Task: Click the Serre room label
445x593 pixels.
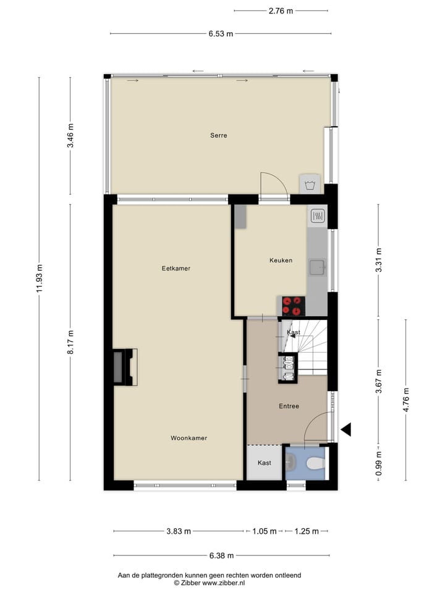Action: pos(218,135)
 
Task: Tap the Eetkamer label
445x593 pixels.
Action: pos(176,269)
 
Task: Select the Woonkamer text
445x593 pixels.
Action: pos(189,438)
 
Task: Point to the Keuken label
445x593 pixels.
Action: pos(281,261)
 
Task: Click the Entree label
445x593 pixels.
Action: pos(289,406)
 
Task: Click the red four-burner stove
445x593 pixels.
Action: pos(294,305)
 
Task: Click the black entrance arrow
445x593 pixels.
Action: pos(346,429)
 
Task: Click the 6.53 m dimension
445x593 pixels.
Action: pos(221,34)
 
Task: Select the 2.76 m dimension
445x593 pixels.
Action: pos(281,11)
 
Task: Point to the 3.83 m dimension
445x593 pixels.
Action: pos(179,531)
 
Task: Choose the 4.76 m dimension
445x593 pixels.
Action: pos(406,400)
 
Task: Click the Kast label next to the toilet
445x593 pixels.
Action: pos(265,463)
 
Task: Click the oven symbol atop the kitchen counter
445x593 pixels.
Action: pos(318,216)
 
